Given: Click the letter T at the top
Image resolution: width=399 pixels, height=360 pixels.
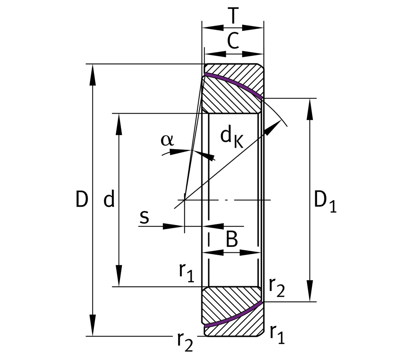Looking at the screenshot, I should click(233, 16).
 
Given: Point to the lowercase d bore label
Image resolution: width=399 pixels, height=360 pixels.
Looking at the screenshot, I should click(109, 199).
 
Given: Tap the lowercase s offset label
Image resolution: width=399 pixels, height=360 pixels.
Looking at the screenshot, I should click(144, 217).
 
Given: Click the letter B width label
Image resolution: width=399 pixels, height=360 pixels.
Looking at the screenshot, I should click(232, 239).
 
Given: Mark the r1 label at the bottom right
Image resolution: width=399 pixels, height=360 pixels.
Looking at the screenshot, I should click(277, 334).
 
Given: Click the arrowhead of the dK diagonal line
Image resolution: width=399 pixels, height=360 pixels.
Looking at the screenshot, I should click(274, 126).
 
